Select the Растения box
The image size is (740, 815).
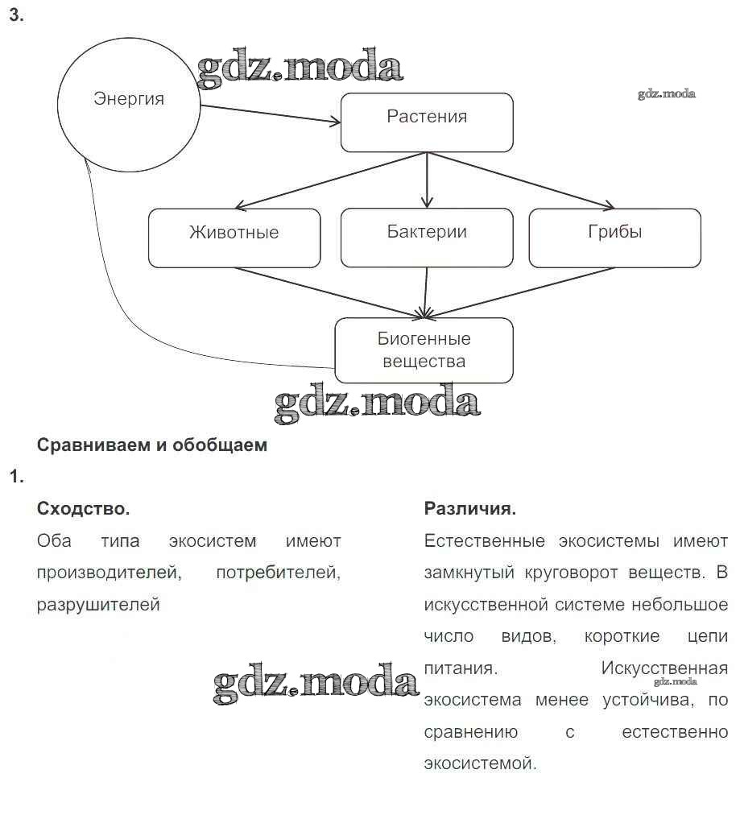click(427, 122)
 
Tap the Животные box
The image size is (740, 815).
click(234, 238)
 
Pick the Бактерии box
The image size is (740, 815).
click(427, 238)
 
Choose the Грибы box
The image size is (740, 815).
click(614, 238)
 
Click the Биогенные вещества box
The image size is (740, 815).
click(424, 350)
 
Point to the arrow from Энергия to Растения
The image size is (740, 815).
click(270, 114)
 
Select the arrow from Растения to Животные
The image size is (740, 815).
click(330, 180)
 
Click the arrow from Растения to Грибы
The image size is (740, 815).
click(523, 180)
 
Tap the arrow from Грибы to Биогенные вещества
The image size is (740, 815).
click(523, 291)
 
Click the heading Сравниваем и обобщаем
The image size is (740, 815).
click(152, 445)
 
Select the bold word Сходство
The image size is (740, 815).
click(83, 509)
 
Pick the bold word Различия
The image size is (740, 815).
click(469, 509)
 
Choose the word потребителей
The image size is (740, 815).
click(278, 573)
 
